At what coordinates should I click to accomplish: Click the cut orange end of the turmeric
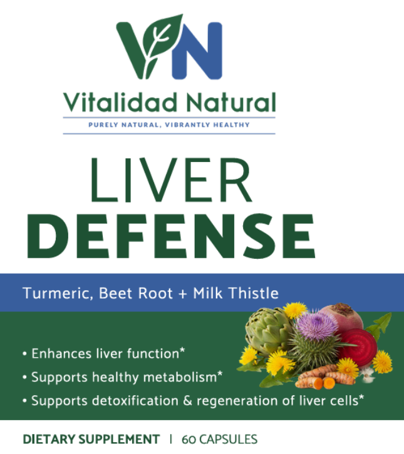[328, 382]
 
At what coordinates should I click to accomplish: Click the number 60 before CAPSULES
[187, 439]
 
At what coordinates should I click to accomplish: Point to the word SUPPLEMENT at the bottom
[119, 439]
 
